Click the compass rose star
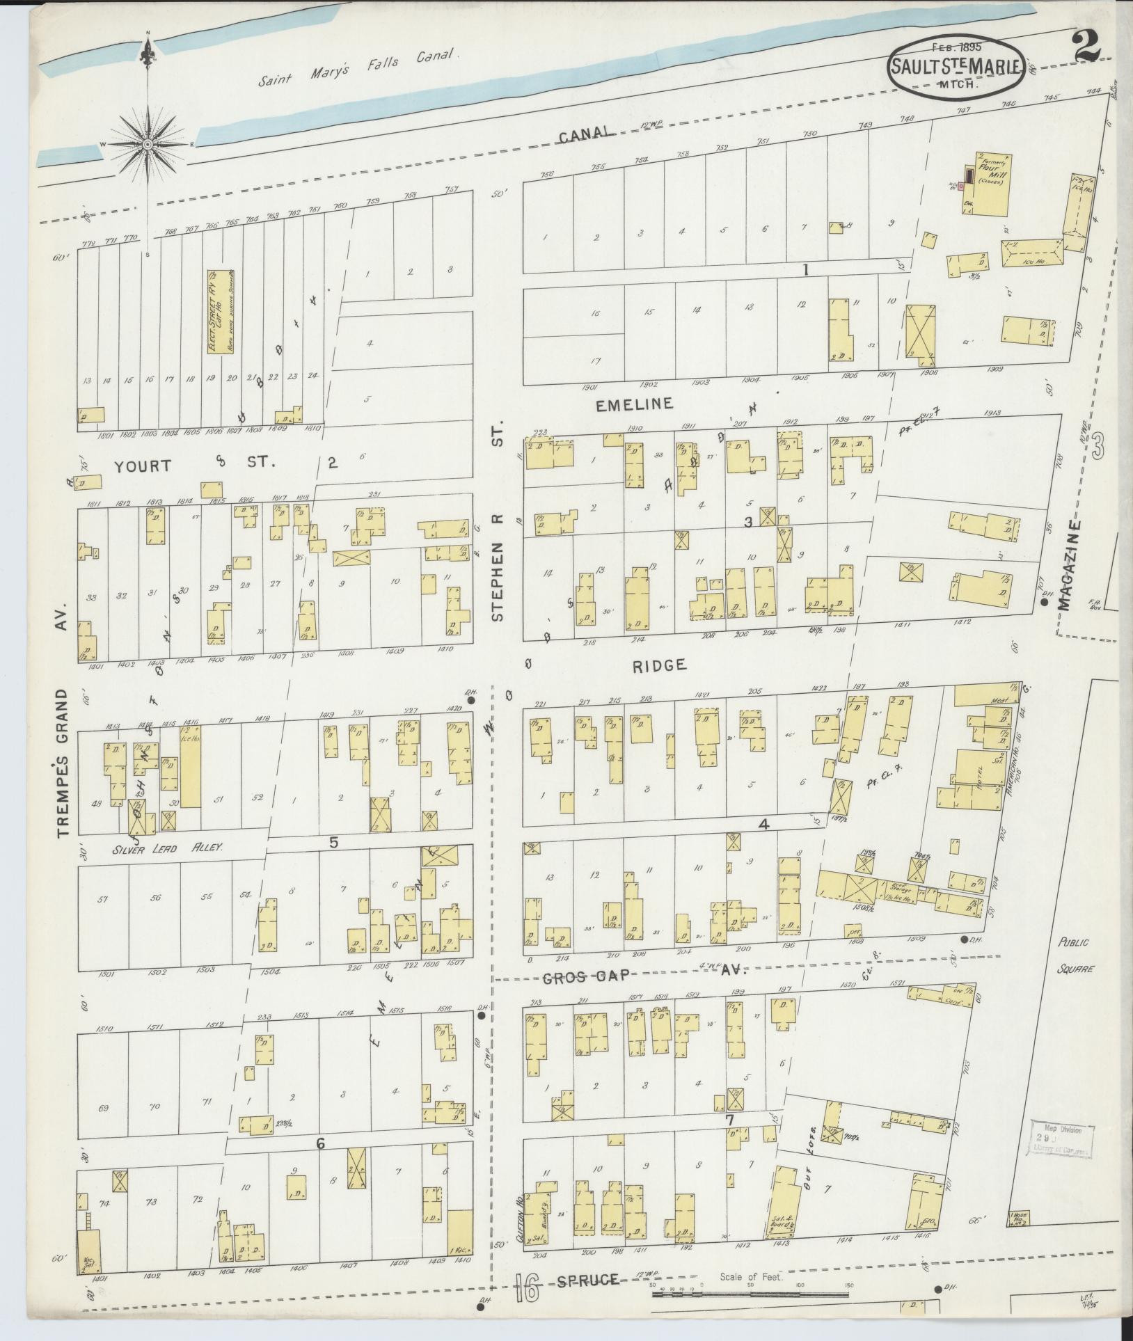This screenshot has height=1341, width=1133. (148, 144)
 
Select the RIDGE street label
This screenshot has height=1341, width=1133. (659, 665)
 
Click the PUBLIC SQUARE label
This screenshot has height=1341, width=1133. (1075, 955)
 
